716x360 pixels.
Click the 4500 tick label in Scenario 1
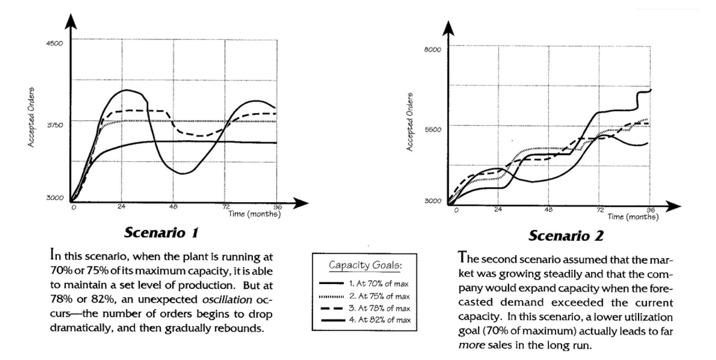[54, 43]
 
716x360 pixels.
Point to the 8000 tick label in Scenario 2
[432, 50]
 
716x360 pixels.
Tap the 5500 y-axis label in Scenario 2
[433, 130]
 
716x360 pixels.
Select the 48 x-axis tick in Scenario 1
[173, 207]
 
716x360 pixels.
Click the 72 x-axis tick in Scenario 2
[600, 210]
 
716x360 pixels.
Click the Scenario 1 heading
[161, 233]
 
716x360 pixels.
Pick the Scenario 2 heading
[566, 235]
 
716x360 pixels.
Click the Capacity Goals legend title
[365, 265]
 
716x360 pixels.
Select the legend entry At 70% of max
[379, 284]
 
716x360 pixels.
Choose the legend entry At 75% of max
[379, 296]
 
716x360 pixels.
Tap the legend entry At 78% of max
[379, 308]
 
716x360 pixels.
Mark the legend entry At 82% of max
[379, 320]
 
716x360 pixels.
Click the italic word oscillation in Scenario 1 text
[227, 300]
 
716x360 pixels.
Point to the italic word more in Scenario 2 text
[472, 345]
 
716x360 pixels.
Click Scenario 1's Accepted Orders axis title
[31, 117]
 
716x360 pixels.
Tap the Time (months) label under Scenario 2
[632, 217]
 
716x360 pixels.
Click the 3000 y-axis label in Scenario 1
[54, 198]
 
